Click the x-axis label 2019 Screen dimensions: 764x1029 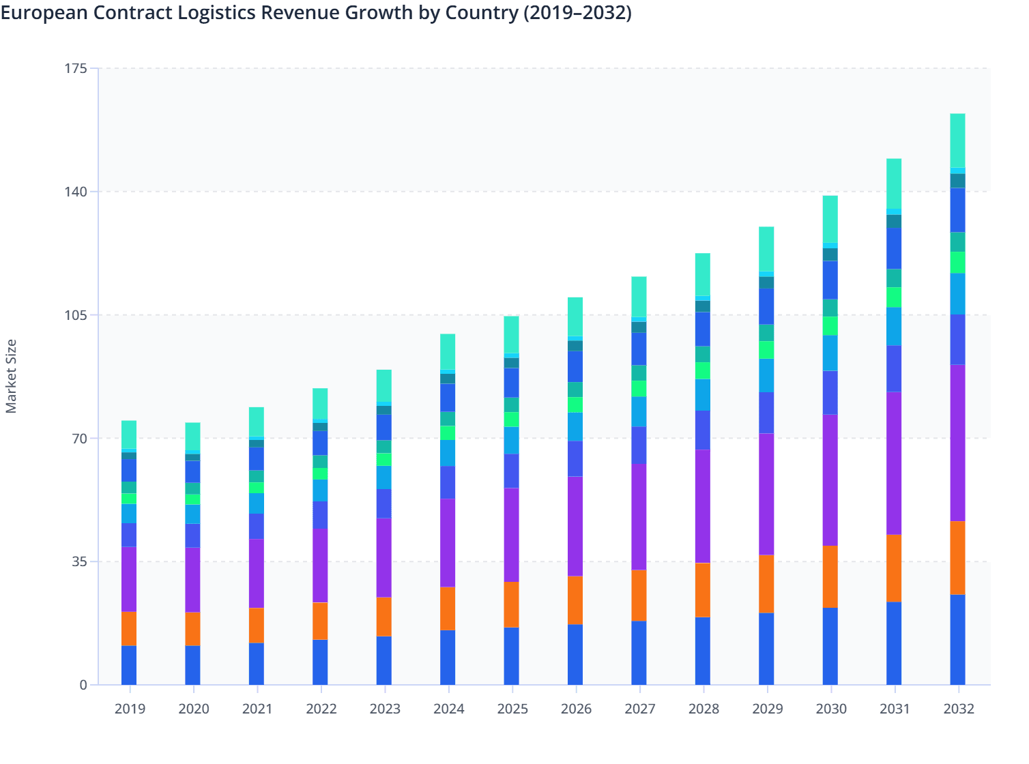130,709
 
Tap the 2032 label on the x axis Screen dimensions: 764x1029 958,709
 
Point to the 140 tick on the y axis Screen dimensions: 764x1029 76,192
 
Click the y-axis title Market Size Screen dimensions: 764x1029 11,377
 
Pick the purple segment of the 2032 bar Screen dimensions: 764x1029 957,443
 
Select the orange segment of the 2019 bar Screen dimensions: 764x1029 129,628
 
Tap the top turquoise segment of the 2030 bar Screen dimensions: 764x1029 830,219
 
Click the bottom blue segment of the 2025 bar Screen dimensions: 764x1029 511,656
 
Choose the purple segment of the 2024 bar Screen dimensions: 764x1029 448,542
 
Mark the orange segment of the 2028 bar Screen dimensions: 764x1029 702,590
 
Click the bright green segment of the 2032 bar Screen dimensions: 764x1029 957,263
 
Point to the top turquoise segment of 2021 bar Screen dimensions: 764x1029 257,422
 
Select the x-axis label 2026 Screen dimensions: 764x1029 576,709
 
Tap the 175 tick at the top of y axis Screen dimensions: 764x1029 76,68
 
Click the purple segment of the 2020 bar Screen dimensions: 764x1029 192,579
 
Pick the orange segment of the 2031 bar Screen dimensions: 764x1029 893,568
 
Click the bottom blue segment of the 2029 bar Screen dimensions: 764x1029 766,649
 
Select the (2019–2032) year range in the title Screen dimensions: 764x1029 577,12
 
